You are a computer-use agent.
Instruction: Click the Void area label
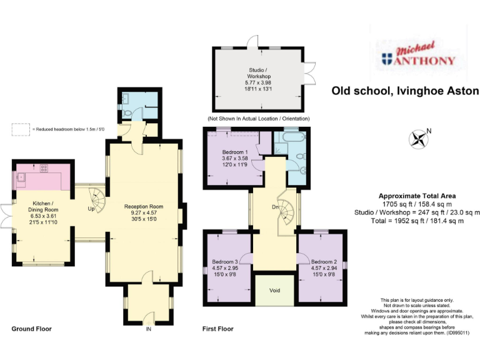tap(274, 291)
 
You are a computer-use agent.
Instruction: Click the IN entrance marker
tap(148, 329)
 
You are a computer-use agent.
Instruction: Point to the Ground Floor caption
tap(32, 329)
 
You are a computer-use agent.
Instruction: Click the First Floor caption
tap(217, 329)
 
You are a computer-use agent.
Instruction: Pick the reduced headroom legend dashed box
tap(20, 129)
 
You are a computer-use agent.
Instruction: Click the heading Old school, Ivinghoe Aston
tap(405, 91)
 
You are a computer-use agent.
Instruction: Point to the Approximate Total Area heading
tap(417, 196)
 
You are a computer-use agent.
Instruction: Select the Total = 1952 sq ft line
tap(417, 221)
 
